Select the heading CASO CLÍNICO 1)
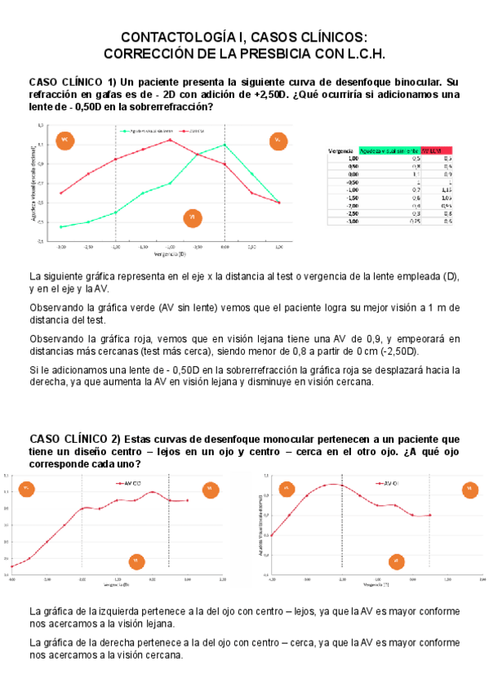pos(73,82)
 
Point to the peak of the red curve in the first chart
pos(170,139)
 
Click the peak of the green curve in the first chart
pos(224,145)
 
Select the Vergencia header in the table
pos(340,150)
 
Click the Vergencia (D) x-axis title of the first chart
pos(170,254)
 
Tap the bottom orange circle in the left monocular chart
pos(136,561)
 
